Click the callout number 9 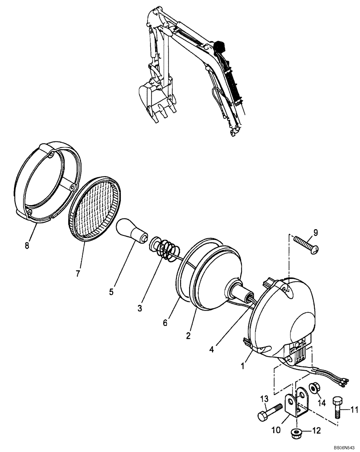(315, 233)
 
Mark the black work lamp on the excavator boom (220, 47)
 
